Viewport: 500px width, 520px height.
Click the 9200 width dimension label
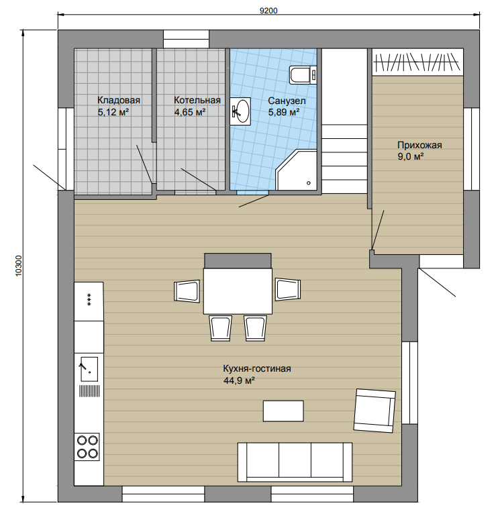pos(268,11)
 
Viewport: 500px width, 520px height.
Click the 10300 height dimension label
pos(19,265)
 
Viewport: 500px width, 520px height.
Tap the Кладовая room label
pos(119,100)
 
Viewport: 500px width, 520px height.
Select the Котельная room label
pos(197,100)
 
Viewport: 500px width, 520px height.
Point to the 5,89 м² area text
pos(284,112)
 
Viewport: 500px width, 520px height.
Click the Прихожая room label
pos(419,145)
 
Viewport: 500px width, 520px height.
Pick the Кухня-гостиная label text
pos(257,368)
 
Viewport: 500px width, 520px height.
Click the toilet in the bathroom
pos(303,74)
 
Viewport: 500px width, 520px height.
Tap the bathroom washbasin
pos(240,111)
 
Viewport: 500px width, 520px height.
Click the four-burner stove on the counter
pos(87,447)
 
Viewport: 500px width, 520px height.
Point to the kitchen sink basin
pos(89,369)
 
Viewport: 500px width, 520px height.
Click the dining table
pos(238,291)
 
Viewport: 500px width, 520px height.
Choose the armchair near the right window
pos(374,410)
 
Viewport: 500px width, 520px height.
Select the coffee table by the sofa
pos(283,411)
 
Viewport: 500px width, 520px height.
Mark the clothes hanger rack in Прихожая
pos(417,62)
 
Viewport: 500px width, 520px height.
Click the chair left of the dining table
pos(187,291)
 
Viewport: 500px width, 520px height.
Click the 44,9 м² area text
pos(239,380)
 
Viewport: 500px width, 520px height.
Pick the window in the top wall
pos(186,40)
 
